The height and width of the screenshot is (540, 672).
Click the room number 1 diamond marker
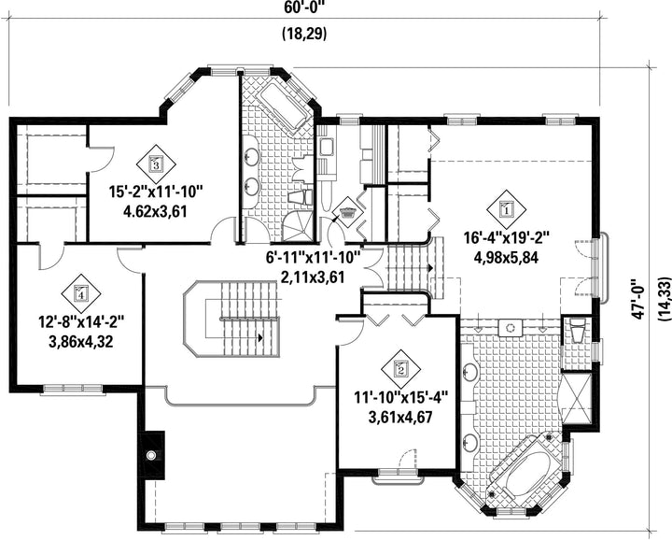tap(506, 209)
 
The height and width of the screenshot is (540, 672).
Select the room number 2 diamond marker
tap(400, 368)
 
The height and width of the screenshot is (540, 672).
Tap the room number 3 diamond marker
tap(156, 163)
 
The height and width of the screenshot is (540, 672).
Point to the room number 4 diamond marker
tap(81, 293)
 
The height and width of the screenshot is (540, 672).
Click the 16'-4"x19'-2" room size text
tap(506, 237)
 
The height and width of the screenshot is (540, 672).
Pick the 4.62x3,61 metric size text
tap(155, 212)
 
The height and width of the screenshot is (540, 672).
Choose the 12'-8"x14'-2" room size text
tap(81, 321)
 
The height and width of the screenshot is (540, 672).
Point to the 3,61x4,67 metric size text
tap(400, 417)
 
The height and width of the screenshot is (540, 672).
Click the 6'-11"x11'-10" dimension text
tap(313, 258)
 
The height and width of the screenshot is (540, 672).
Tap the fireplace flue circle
tap(151, 455)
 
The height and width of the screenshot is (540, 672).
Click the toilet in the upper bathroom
tap(300, 198)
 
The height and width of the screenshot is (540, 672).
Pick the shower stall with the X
tap(576, 398)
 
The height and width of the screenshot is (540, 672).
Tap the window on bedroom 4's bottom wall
tap(73, 389)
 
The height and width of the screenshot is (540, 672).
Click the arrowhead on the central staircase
tap(260, 338)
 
